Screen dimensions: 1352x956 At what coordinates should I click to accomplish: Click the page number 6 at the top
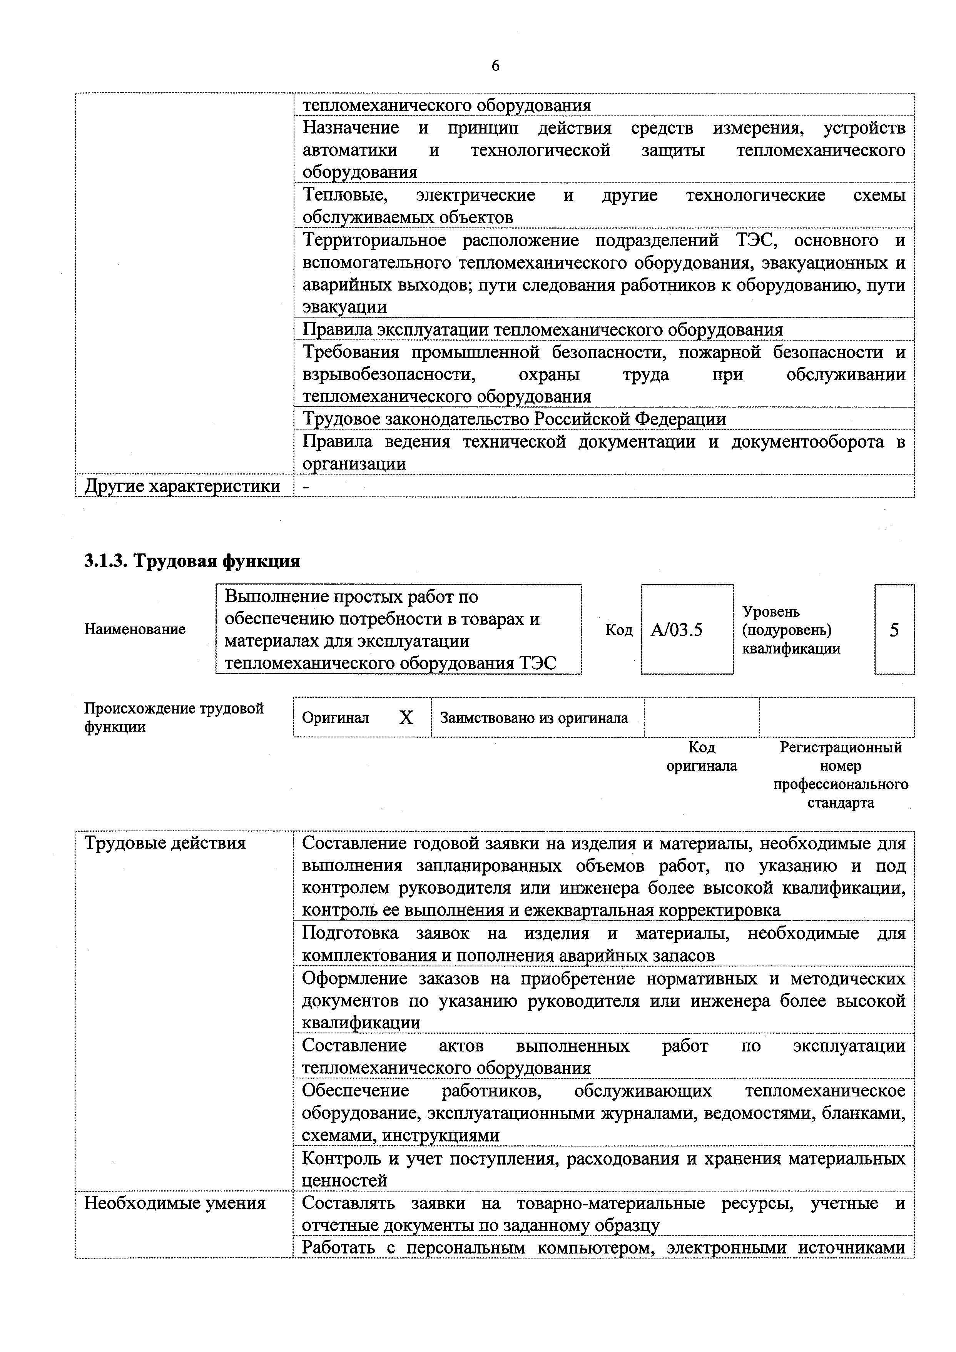tap(495, 66)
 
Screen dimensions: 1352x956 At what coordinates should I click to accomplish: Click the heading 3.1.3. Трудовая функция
tap(192, 561)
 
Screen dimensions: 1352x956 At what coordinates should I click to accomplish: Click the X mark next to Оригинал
tap(406, 717)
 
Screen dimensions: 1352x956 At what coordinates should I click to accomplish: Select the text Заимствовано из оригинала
tap(534, 718)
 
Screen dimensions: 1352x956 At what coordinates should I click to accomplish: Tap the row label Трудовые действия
tap(165, 843)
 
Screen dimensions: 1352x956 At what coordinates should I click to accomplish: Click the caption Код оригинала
tap(702, 757)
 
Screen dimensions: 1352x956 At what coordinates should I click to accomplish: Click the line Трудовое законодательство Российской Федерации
tap(514, 419)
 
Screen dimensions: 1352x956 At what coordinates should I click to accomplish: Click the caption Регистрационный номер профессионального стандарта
tap(841, 775)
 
